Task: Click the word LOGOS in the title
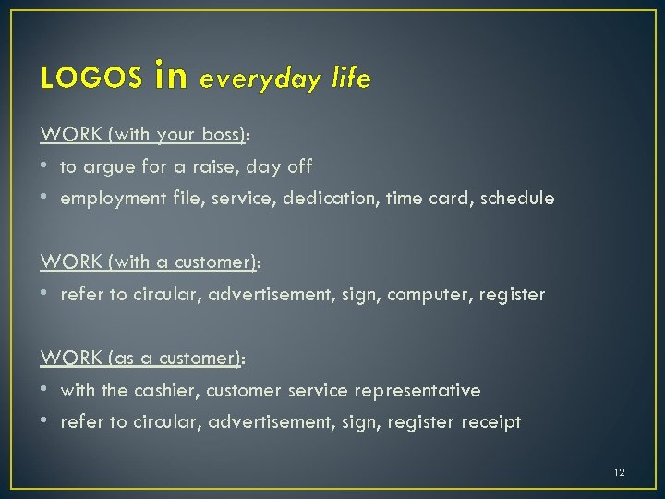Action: pyautogui.click(x=91, y=79)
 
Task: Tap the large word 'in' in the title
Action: pyautogui.click(x=173, y=76)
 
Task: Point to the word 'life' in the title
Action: pyautogui.click(x=348, y=79)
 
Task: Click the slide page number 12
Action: pyautogui.click(x=619, y=472)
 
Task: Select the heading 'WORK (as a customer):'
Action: pyautogui.click(x=143, y=359)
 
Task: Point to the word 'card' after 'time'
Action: pyautogui.click(x=452, y=199)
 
